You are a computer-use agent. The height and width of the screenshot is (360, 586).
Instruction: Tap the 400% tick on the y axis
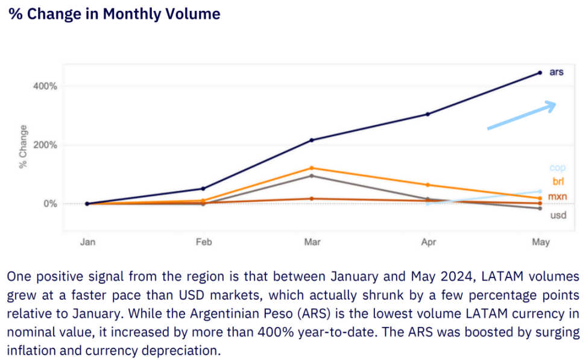[45, 86]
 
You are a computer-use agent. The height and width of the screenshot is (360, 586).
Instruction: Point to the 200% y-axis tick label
[45, 145]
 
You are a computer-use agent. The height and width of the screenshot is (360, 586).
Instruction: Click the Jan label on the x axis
[88, 242]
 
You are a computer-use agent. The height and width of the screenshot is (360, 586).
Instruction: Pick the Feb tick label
[203, 242]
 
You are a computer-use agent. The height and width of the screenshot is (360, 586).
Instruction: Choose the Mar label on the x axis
[312, 242]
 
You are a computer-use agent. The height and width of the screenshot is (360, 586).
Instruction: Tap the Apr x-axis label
[427, 242]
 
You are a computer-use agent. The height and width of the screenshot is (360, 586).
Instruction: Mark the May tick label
[540, 242]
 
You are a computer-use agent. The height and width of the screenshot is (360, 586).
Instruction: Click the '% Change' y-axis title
[24, 147]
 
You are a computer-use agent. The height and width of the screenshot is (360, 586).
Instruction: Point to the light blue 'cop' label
[558, 168]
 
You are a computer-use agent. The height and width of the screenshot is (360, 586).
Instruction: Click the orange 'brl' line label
[558, 182]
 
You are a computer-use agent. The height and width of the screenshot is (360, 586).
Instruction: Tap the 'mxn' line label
[558, 197]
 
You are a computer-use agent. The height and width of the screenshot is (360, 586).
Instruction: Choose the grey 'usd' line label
[558, 215]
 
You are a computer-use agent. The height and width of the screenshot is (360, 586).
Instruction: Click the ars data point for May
[540, 73]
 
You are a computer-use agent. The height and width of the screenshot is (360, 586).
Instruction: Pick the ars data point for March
[312, 140]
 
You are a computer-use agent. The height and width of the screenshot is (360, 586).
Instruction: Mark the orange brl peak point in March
[312, 168]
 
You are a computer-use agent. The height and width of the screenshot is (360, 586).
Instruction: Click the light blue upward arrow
[521, 115]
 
